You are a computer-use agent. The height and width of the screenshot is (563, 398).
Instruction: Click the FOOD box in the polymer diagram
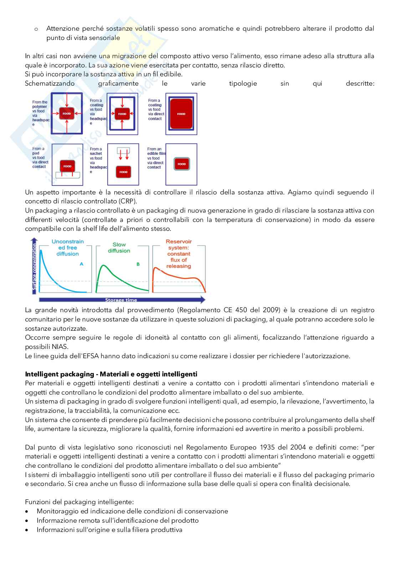[x=67, y=113]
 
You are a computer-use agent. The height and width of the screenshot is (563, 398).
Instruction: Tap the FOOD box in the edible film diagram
[x=182, y=164]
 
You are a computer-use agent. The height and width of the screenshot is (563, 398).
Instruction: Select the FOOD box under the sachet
[x=123, y=172]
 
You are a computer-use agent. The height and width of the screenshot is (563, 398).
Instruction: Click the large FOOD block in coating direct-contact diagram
[x=181, y=114]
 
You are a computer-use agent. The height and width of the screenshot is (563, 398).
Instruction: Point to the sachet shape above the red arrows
[x=123, y=150]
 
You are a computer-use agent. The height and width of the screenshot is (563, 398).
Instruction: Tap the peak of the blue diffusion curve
[x=41, y=251]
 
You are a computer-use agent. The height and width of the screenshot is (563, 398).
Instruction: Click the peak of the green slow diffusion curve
[x=103, y=265]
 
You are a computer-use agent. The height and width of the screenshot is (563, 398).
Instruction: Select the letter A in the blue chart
[x=81, y=264]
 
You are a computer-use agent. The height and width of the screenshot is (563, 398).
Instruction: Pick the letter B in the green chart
[x=138, y=264]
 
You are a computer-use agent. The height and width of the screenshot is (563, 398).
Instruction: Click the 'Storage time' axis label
[x=121, y=300]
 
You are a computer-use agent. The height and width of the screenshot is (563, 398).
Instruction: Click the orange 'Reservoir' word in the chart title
[x=179, y=242]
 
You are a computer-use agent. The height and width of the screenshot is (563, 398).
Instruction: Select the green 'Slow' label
[x=119, y=245]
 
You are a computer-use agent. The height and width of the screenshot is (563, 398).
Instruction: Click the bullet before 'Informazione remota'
[x=27, y=521]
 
